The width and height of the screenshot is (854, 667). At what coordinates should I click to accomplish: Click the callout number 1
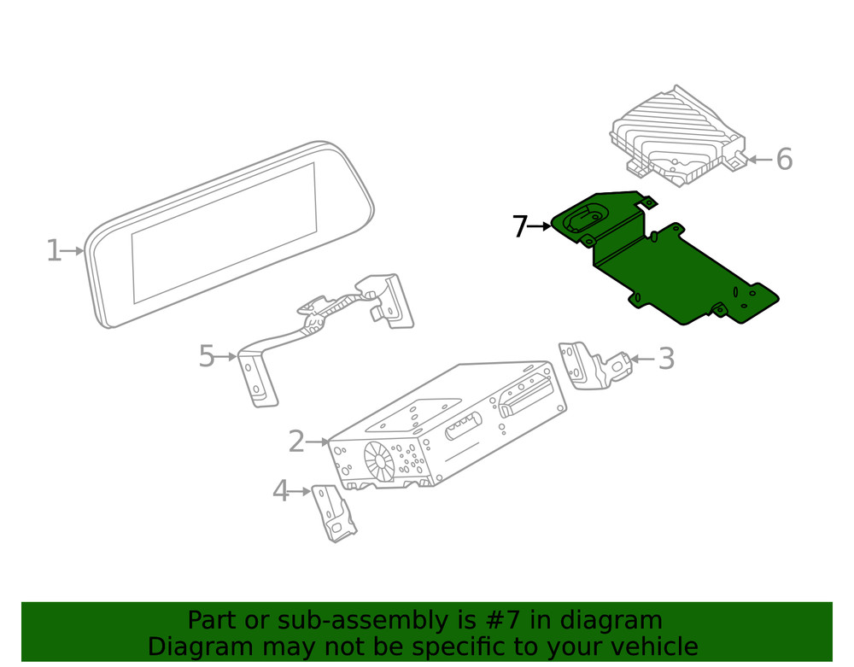click(53, 251)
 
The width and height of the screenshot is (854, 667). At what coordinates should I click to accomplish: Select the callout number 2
click(295, 442)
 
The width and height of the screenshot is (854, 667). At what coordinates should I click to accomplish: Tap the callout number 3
click(665, 359)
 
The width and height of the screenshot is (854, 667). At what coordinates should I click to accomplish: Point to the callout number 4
click(280, 491)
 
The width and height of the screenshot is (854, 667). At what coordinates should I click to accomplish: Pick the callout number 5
click(206, 356)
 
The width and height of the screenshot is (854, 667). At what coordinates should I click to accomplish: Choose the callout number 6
click(783, 159)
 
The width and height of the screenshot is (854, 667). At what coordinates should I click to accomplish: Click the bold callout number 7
click(519, 226)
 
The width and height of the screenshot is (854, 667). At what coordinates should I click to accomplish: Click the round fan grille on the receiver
click(380, 460)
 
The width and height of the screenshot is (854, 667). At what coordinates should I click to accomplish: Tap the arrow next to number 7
click(541, 226)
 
